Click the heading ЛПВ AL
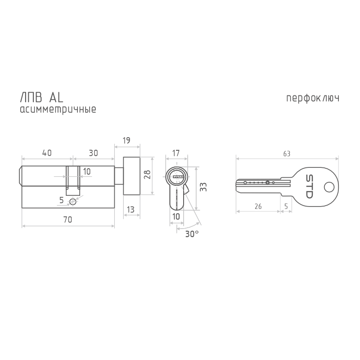41,97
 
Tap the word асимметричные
58,109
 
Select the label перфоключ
313,98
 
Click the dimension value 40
47,153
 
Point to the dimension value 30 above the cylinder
93,153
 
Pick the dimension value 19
126,140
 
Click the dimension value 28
147,175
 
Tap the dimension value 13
130,209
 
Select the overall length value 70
67,220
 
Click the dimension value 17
176,153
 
